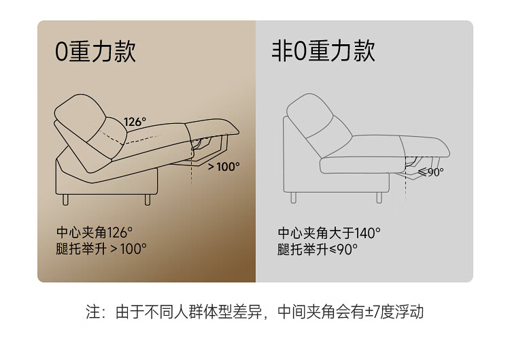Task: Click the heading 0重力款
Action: click(95, 52)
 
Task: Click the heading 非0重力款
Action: click(323, 51)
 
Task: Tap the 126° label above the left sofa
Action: click(135, 122)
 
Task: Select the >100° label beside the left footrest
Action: click(224, 167)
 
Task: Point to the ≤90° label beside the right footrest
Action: click(430, 172)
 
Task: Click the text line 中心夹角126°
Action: click(95, 233)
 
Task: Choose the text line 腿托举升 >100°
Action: click(101, 249)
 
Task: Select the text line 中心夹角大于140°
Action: click(329, 233)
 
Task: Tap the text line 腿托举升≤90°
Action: click(318, 250)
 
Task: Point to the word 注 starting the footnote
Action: click(92, 312)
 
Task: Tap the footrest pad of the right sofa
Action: click(425, 147)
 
